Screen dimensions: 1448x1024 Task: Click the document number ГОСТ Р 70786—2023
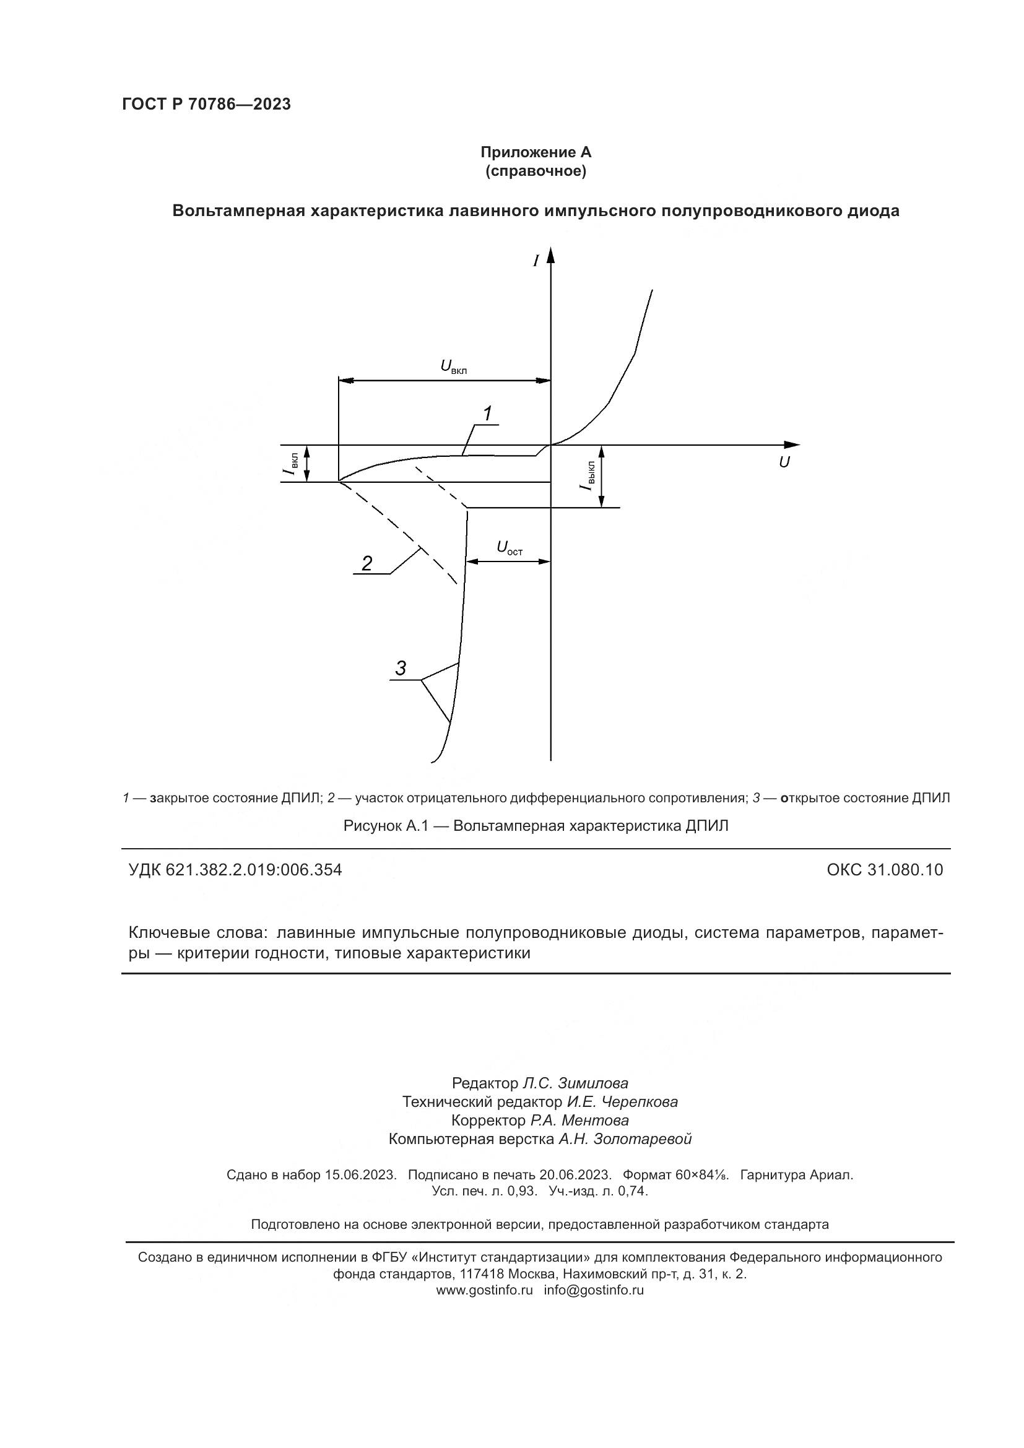[206, 105]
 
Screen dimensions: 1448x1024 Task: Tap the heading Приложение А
[536, 152]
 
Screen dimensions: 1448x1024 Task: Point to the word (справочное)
[536, 171]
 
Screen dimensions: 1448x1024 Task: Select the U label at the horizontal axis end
[784, 462]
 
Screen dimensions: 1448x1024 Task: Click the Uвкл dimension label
[453, 366]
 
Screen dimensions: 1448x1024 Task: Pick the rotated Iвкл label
[292, 463]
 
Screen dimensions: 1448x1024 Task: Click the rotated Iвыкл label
[587, 475]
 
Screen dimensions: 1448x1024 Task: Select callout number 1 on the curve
[487, 414]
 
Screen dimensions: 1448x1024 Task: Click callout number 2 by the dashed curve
[367, 563]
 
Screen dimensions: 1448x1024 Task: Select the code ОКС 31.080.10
[885, 870]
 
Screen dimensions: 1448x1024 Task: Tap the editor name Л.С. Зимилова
[575, 1083]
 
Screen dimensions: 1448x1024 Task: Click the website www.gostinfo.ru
[484, 1290]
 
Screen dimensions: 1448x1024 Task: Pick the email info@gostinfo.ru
[593, 1290]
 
